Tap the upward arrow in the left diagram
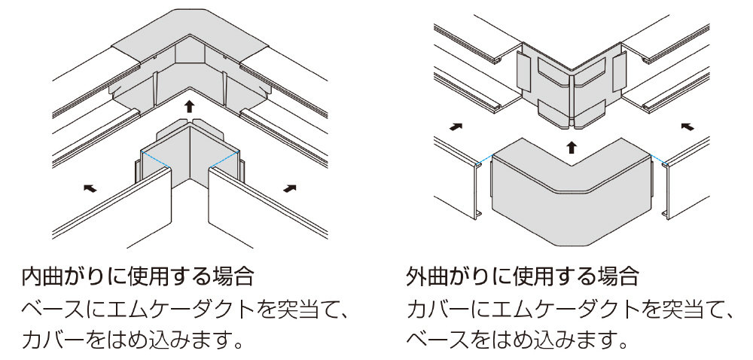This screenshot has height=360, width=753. pos(189,105)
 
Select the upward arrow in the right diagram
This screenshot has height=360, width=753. pos(572,145)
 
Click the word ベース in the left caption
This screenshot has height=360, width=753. pos(53,310)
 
